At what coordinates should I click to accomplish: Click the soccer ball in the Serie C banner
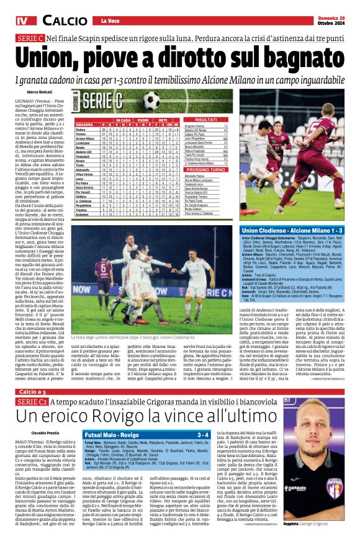[x=151, y=100]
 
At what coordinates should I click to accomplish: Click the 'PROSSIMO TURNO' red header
[x=205, y=169]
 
